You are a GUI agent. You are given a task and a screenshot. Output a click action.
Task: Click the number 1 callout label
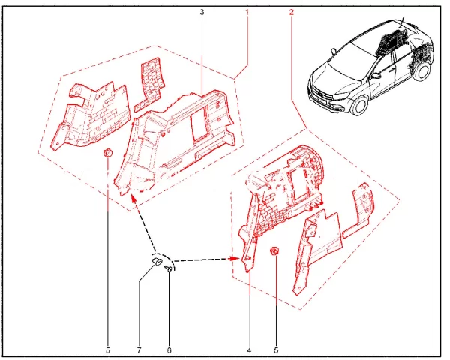click(x=248, y=13)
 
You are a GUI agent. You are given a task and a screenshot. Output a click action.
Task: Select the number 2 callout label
click(x=291, y=13)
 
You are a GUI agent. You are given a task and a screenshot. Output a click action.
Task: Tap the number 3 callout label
click(x=202, y=13)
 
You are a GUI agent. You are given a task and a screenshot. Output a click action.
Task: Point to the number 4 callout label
click(x=248, y=349)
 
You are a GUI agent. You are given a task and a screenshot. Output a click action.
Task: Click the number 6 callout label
click(x=169, y=349)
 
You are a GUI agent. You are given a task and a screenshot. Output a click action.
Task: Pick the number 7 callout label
click(x=139, y=349)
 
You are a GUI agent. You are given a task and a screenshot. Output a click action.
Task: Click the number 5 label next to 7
click(x=108, y=349)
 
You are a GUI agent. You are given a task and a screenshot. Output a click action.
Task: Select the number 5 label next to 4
click(x=276, y=349)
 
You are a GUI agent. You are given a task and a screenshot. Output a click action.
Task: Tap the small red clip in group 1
click(x=107, y=154)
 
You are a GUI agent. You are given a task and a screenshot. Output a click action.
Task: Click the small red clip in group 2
click(x=275, y=250)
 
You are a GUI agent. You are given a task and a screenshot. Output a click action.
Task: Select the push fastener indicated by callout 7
click(x=158, y=262)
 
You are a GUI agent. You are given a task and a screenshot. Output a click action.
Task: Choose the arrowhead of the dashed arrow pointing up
click(x=133, y=197)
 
